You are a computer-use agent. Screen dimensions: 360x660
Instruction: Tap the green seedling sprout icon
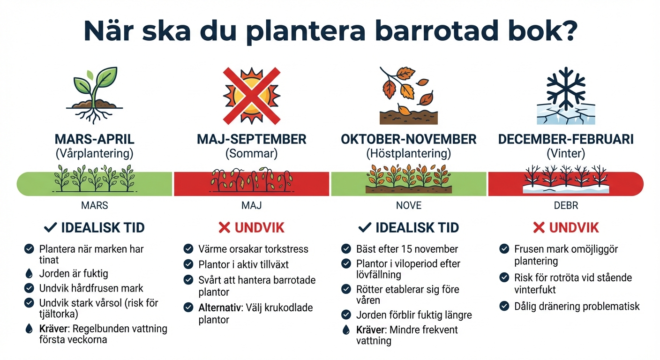pyautogui.click(x=95, y=94)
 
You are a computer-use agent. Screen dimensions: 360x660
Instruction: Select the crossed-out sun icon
pyautogui.click(x=252, y=94)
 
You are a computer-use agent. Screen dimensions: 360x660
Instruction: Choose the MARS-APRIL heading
pyautogui.click(x=95, y=139)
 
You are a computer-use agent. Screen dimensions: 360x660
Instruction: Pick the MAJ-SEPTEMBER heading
pyautogui.click(x=252, y=139)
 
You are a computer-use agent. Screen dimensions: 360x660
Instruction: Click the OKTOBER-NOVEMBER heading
pyautogui.click(x=408, y=139)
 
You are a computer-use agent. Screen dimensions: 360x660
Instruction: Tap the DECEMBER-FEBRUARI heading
pyautogui.click(x=566, y=139)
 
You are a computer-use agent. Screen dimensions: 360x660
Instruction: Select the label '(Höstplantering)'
pyautogui.click(x=408, y=153)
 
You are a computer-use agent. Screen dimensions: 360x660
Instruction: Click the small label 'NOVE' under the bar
pyautogui.click(x=408, y=206)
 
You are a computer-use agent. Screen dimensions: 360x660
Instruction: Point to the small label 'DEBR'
pyautogui.click(x=566, y=206)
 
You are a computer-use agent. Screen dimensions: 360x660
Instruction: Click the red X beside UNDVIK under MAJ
pyautogui.click(x=225, y=228)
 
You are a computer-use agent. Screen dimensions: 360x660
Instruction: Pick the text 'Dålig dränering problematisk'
pyautogui.click(x=577, y=307)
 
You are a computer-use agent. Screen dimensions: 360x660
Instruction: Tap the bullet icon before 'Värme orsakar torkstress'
pyautogui.click(x=188, y=249)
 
